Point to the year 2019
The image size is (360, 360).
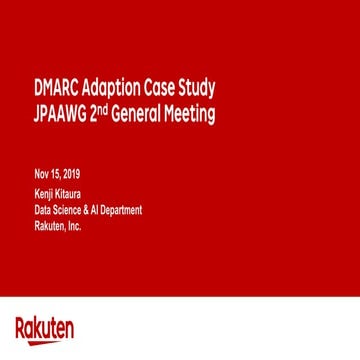coord(71,176)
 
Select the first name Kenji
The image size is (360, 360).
coord(43,194)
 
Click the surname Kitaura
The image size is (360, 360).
coord(65,194)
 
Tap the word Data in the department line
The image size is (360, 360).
coord(42,210)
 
